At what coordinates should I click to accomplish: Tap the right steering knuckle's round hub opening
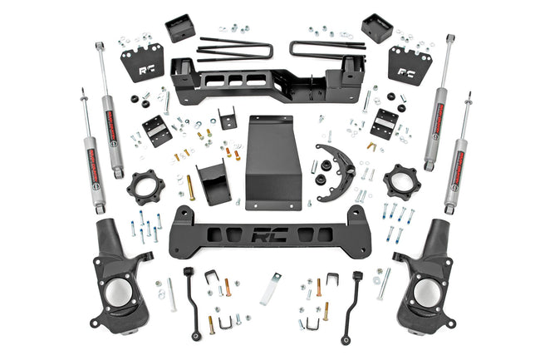[427, 292]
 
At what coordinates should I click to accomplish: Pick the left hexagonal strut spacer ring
[145, 186]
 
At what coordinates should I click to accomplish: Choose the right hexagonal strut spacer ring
[401, 182]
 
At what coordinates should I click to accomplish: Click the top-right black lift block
[376, 28]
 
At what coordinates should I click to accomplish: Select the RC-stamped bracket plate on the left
[142, 64]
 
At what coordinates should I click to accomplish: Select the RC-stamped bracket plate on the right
[410, 63]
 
